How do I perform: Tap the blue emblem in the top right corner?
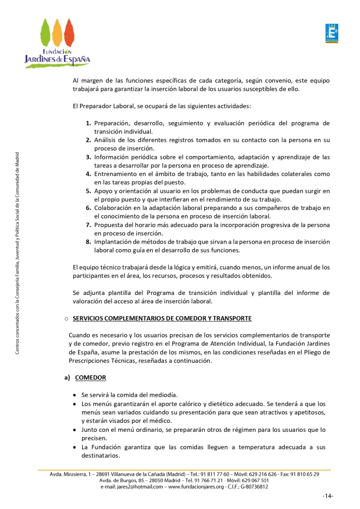[x=331, y=34]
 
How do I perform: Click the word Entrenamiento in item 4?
[x=118, y=174]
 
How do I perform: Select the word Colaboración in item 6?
[x=115, y=208]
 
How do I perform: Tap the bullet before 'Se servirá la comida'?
[x=74, y=395]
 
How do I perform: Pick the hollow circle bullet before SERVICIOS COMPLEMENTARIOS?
[x=66, y=318]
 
